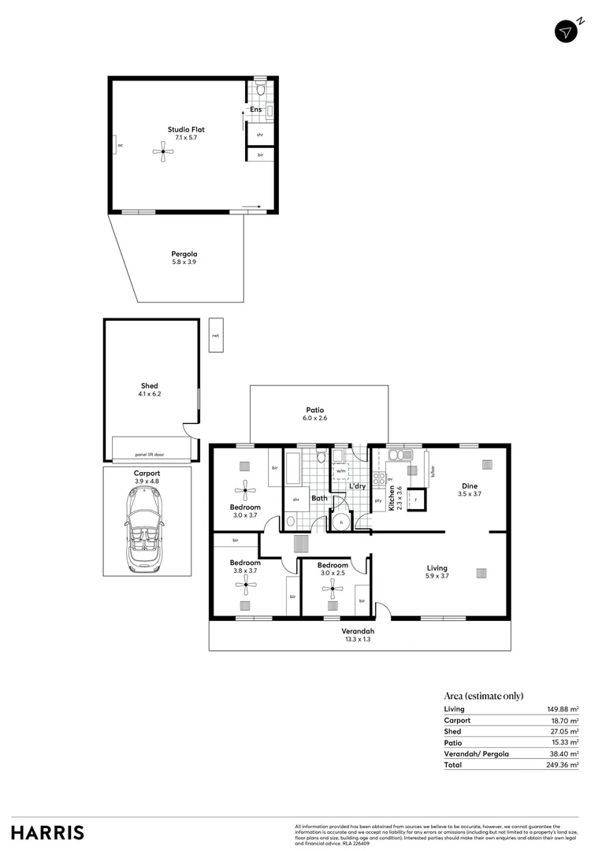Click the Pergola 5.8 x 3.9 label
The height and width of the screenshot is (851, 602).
click(x=184, y=258)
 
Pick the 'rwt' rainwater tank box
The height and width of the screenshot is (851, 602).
click(x=215, y=336)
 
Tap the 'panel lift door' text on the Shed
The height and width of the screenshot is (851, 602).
click(x=150, y=455)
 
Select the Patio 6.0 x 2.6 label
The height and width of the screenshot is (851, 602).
click(x=315, y=414)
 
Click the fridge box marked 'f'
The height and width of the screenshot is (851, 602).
click(x=415, y=500)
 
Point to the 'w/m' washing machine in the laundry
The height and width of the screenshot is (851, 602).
click(x=341, y=471)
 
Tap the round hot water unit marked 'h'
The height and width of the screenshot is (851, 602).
click(x=340, y=521)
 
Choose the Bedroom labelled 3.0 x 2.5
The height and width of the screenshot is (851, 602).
click(x=333, y=570)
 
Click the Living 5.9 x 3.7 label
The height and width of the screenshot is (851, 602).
click(x=437, y=572)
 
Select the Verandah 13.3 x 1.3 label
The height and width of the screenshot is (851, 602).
click(x=358, y=635)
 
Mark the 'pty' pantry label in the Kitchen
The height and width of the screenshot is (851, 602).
click(x=379, y=500)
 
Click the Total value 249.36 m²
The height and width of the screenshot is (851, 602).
click(x=563, y=764)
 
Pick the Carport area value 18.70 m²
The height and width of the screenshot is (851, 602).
click(x=563, y=720)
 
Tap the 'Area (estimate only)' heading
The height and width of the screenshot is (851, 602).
click(x=484, y=696)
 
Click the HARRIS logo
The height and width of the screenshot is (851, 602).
click(x=47, y=832)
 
